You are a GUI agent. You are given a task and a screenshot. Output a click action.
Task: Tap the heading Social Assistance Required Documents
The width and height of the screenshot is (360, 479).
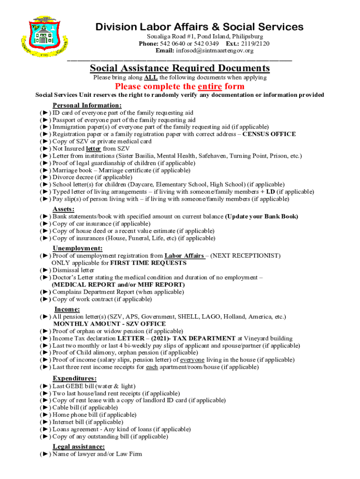(x=180, y=68)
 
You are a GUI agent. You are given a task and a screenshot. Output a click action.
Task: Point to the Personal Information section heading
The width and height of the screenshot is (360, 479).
(x=87, y=105)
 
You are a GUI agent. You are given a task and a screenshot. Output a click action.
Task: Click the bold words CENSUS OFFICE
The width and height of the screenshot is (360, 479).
(x=269, y=134)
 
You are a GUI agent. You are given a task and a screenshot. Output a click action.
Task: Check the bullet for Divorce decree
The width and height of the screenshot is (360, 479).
(x=45, y=177)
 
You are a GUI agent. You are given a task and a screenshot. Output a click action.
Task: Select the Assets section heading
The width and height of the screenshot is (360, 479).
(x=64, y=209)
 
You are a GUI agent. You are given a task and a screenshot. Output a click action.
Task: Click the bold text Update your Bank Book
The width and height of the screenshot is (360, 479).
(x=261, y=217)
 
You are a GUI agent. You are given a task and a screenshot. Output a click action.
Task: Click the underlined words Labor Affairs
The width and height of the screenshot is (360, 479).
(x=184, y=256)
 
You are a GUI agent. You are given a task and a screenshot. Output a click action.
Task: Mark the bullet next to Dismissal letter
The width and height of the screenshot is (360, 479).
(x=45, y=270)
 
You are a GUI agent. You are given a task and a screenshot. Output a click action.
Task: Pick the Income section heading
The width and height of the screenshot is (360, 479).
(x=67, y=309)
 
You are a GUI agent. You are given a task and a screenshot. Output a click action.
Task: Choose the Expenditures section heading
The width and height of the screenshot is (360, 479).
(x=75, y=378)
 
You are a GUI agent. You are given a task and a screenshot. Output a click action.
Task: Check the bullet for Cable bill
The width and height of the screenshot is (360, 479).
(x=45, y=407)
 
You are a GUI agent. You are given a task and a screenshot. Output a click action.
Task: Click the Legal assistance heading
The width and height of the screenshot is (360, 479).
(x=79, y=447)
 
